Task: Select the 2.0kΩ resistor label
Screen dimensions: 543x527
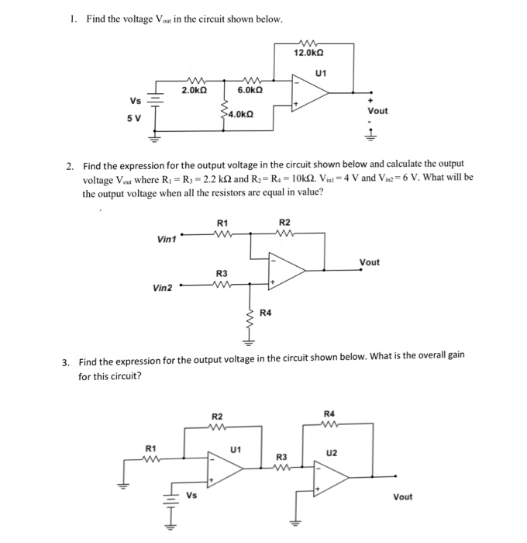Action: click(194, 91)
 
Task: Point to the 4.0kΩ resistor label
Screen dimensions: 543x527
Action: click(239, 115)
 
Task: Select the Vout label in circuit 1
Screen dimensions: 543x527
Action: click(377, 111)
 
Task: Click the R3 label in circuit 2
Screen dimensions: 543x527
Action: click(222, 272)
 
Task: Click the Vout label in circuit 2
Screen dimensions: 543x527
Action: click(370, 262)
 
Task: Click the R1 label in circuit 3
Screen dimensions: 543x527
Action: click(151, 448)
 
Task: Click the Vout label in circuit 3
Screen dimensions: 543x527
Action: click(403, 496)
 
